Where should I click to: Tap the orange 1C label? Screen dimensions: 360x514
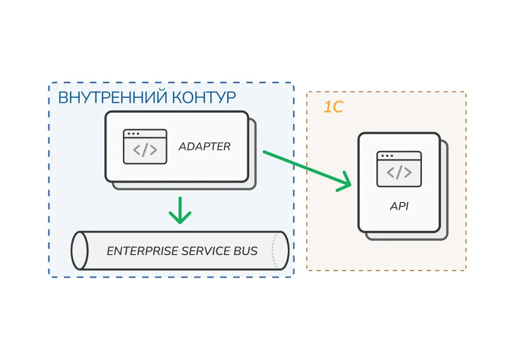[x=333, y=107]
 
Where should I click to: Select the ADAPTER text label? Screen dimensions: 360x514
[x=205, y=147]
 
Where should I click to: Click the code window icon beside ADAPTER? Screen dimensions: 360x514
[x=145, y=147]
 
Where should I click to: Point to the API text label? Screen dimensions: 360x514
[x=399, y=207]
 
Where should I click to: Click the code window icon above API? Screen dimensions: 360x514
[x=399, y=169]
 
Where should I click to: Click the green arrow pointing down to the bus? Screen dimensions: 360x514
[x=180, y=211]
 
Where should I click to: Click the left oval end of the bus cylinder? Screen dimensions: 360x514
[x=79, y=250]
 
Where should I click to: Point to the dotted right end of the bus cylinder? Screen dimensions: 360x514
[x=278, y=250]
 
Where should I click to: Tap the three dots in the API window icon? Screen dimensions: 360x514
[x=386, y=156]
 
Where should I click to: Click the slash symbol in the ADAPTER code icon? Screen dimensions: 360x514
[x=145, y=150]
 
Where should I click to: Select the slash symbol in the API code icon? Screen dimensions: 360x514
[x=399, y=172]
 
